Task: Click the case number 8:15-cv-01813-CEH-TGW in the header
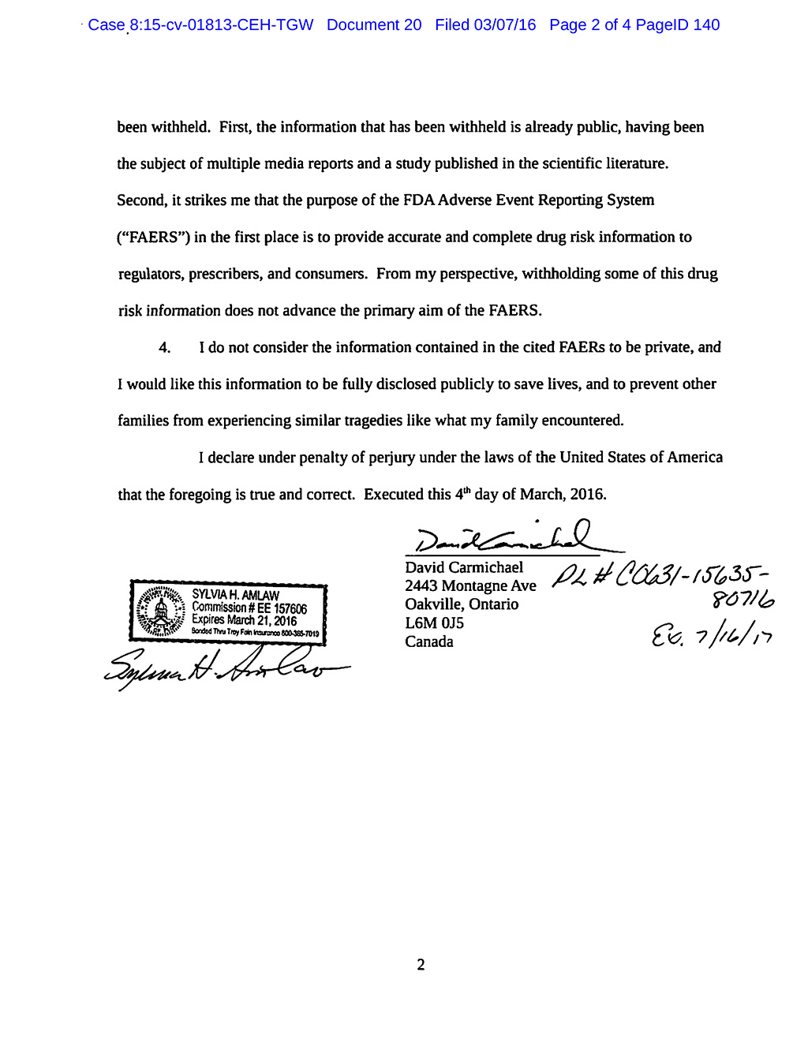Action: (x=221, y=25)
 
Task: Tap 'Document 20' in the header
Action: (x=374, y=25)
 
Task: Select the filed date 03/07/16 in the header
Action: (x=504, y=25)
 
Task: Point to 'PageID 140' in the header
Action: (x=678, y=25)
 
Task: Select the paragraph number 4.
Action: (x=165, y=348)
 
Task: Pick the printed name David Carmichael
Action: (x=464, y=567)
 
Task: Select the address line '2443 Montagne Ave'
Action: (x=470, y=585)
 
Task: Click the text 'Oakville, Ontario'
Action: (x=462, y=604)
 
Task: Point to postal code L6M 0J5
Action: (x=434, y=623)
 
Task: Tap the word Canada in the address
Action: (x=429, y=642)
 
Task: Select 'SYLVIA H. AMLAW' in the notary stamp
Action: (x=235, y=595)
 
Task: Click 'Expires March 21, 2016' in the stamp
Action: (x=244, y=620)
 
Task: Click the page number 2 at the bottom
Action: (x=421, y=965)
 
